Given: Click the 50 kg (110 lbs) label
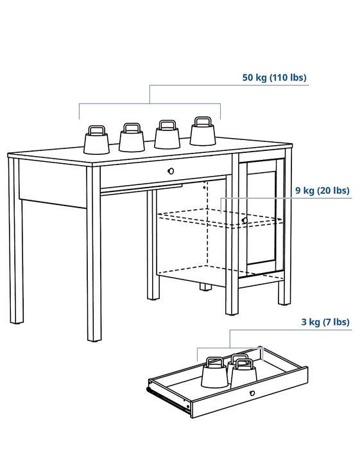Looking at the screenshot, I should point(274,78).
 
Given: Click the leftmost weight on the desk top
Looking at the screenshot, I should point(98,142).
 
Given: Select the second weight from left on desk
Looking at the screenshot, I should point(132,139).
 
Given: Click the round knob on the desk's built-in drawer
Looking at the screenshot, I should point(171,171).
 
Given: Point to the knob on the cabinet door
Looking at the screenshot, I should point(244,220).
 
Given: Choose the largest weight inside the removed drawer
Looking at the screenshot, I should point(214,373).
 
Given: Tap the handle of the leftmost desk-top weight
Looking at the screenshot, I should point(97,130).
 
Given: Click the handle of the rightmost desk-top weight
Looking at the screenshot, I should point(203,121).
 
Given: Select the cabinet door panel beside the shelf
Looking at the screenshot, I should point(261,215).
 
